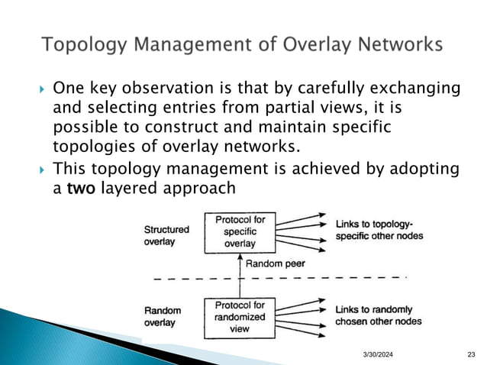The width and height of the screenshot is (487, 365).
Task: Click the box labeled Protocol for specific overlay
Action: (240, 232)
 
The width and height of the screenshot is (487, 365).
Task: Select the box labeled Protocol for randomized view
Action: (240, 316)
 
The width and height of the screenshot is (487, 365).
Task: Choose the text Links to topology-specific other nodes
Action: (379, 230)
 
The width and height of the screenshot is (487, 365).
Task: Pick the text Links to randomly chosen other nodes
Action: (378, 315)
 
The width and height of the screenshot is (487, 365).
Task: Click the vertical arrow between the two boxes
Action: (240, 275)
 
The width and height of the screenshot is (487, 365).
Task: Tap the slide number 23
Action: (470, 352)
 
